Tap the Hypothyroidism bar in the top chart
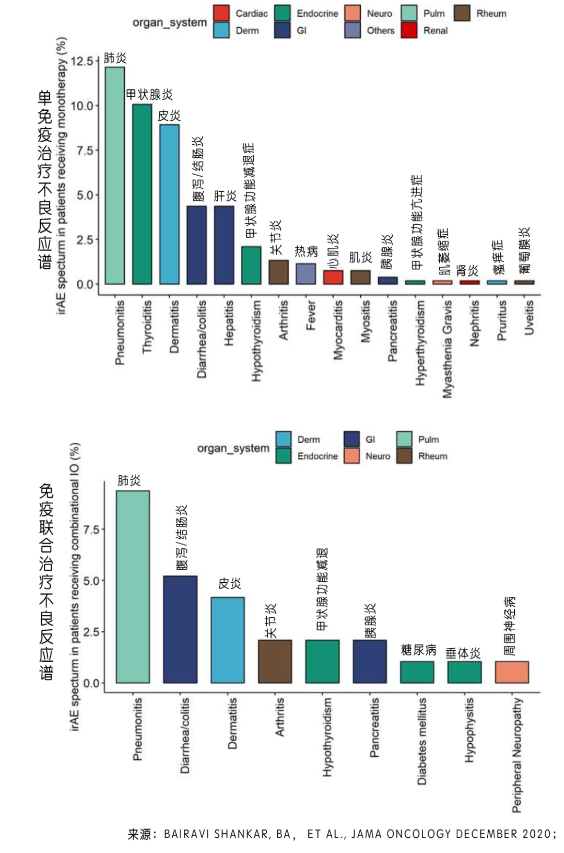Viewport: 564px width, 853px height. tap(251, 266)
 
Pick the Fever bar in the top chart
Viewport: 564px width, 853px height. tap(305, 274)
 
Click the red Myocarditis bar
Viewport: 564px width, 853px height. tap(333, 278)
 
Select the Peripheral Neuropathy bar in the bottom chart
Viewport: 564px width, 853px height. tap(512, 672)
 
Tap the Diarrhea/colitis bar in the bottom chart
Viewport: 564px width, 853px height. tap(180, 629)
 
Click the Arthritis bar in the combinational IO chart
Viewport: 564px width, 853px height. tap(275, 661)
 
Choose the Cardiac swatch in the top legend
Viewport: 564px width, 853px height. tap(221, 13)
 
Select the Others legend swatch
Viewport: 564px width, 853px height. tap(352, 30)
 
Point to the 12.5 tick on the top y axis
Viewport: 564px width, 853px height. tap(81, 61)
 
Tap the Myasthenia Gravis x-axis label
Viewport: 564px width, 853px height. tap(448, 349)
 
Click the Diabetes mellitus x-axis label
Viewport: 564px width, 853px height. tap(422, 741)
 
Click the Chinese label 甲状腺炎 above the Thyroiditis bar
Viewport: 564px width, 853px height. tap(149, 95)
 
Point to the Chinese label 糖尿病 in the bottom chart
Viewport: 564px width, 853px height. tap(418, 650)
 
